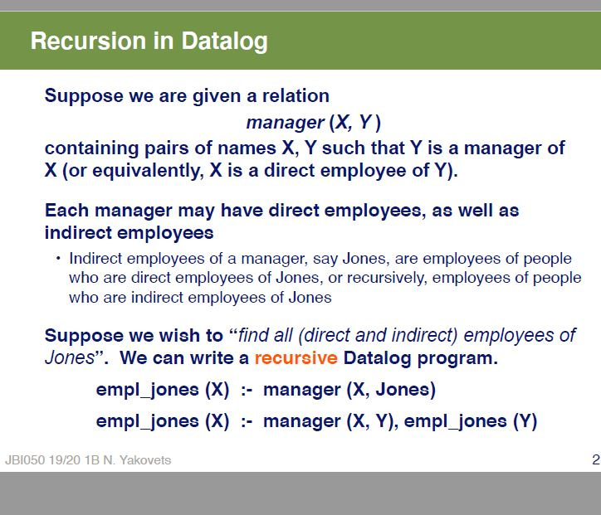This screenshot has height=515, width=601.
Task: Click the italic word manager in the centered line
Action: tap(285, 123)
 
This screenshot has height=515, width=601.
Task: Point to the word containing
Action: tap(91, 148)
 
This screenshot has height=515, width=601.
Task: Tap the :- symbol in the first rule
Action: tap(246, 390)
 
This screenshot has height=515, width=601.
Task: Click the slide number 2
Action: tap(595, 459)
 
